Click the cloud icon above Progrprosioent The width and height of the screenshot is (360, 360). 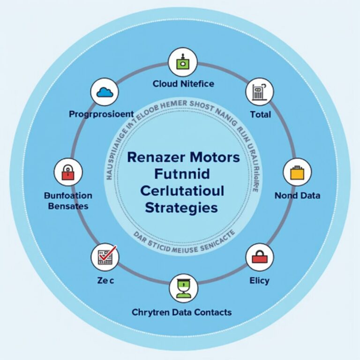[105, 92]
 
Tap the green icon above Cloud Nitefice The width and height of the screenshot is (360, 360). [183, 62]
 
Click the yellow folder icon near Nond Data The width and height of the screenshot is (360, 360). [297, 172]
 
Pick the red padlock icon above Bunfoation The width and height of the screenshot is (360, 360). [68, 172]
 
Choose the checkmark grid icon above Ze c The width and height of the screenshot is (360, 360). [105, 257]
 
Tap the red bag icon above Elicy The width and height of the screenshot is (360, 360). [260, 257]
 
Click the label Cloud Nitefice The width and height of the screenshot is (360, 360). [183, 84]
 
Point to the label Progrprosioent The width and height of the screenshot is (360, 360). [101, 114]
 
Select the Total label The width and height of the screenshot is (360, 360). [261, 114]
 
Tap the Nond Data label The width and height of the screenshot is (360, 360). [297, 195]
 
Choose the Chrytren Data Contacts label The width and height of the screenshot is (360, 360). [182, 312]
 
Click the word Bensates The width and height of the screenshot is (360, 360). [68, 206]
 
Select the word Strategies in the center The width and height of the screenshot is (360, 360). [181, 207]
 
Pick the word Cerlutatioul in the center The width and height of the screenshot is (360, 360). [181, 191]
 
